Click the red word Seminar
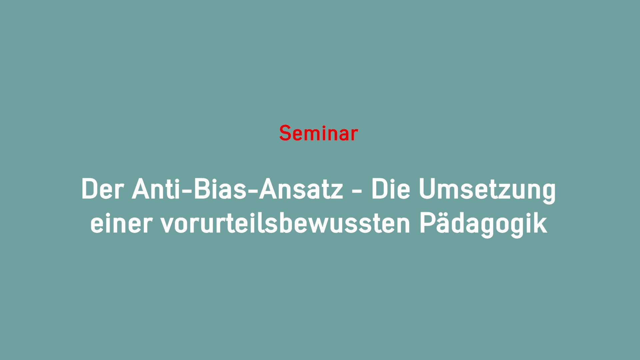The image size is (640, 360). tap(318, 133)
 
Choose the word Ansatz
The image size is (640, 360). tap(301, 189)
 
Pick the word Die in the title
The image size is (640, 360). tap(391, 189)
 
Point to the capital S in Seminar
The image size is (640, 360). tap(286, 133)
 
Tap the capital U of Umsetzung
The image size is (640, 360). tap(427, 189)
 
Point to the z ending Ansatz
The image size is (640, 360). tap(337, 192)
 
